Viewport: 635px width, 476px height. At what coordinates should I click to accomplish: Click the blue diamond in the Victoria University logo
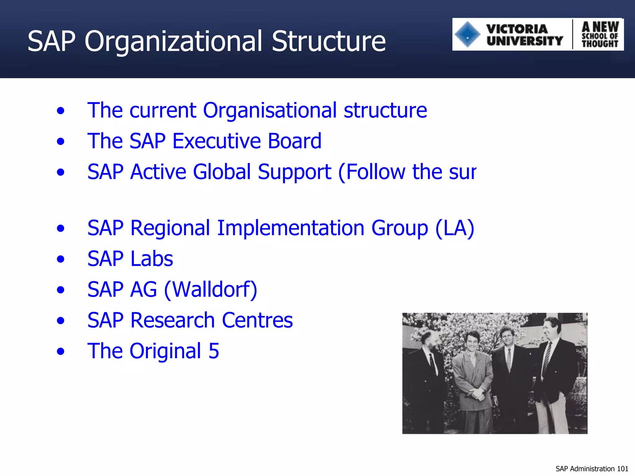pos(467,34)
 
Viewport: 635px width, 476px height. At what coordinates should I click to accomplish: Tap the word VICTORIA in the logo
pos(517,29)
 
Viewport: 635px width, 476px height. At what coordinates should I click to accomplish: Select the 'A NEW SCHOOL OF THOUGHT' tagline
pos(600,34)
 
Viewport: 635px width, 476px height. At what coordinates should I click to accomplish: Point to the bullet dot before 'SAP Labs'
pos(61,259)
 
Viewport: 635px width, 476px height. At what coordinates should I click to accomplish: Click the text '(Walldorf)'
pos(211,289)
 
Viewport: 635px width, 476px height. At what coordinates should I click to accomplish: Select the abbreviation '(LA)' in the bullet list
pos(455,228)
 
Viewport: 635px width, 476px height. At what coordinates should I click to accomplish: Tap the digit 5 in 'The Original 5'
pos(214,351)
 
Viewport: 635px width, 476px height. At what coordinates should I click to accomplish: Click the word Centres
pos(257,320)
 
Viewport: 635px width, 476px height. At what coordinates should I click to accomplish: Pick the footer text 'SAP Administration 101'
pos(592,469)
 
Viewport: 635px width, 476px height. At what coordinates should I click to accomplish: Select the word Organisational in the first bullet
pos(269,110)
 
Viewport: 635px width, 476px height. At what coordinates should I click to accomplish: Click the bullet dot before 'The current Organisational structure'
pos(61,111)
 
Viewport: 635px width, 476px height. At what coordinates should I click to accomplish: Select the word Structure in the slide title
pos(328,41)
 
